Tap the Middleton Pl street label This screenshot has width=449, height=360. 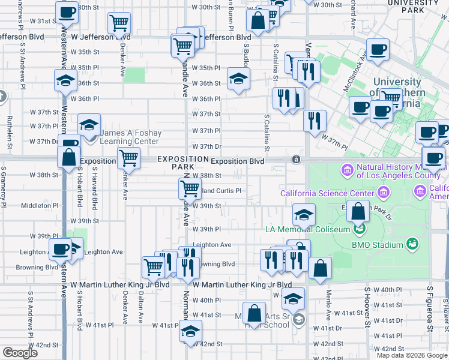click(x=37, y=205)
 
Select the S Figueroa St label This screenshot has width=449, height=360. click(x=430, y=310)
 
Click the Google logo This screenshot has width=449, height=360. click(x=20, y=352)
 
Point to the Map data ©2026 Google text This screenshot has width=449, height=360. click(x=411, y=355)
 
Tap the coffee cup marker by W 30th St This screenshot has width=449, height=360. click(x=67, y=11)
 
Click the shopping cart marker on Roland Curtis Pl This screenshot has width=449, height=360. click(x=190, y=188)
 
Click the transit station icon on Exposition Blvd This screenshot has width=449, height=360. click(x=296, y=160)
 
